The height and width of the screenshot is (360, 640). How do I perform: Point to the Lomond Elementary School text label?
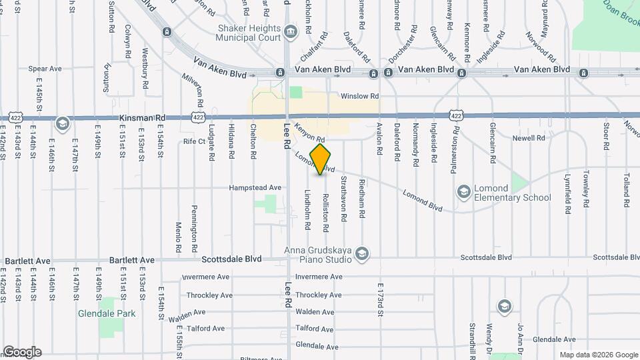click(513, 193)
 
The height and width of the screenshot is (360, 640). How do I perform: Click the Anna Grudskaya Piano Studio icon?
click(362, 253)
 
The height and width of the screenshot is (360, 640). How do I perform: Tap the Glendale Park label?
click(107, 313)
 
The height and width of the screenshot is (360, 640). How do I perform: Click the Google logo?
click(22, 352)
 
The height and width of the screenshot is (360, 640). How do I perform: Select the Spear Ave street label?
click(45, 69)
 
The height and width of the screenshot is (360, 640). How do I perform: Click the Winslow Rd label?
click(359, 96)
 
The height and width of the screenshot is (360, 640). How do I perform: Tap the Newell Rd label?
click(529, 138)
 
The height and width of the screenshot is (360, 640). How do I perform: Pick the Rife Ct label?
click(195, 141)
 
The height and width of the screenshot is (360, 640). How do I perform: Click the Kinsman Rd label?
click(142, 118)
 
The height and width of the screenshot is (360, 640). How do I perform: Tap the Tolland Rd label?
click(627, 184)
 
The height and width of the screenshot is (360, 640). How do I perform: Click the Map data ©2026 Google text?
click(598, 355)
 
